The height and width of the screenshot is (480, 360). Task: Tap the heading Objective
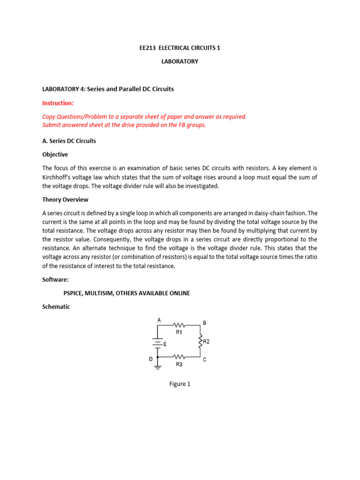point(55,154)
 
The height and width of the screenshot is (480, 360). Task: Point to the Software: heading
point(55,280)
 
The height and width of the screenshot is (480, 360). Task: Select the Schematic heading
point(56,307)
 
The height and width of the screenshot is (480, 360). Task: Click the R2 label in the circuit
point(206,342)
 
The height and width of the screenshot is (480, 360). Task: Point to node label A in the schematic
point(159,320)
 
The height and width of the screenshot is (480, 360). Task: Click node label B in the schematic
point(204,323)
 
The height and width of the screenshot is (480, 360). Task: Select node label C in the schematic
point(204,360)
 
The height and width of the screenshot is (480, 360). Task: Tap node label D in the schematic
point(150,359)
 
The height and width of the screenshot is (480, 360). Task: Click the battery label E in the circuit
point(165,344)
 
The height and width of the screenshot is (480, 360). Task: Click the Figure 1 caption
point(180,384)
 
